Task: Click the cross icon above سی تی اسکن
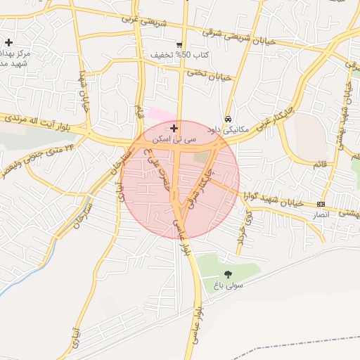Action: coord(174,128)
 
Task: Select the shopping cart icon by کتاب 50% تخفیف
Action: coord(180,44)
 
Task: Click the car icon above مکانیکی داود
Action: coord(229,119)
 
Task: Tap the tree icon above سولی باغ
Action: coord(228,274)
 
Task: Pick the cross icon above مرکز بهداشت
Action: coord(8,43)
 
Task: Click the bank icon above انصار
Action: coord(321,204)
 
